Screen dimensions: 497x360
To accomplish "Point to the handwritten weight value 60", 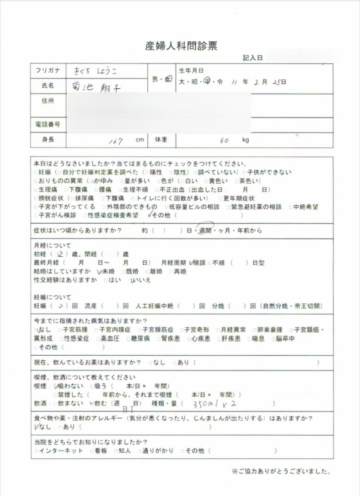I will coord(225,140).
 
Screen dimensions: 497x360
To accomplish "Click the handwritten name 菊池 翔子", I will coord(97,86).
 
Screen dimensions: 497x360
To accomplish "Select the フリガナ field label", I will coord(48,71).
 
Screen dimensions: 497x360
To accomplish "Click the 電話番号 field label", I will coord(48,124).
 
